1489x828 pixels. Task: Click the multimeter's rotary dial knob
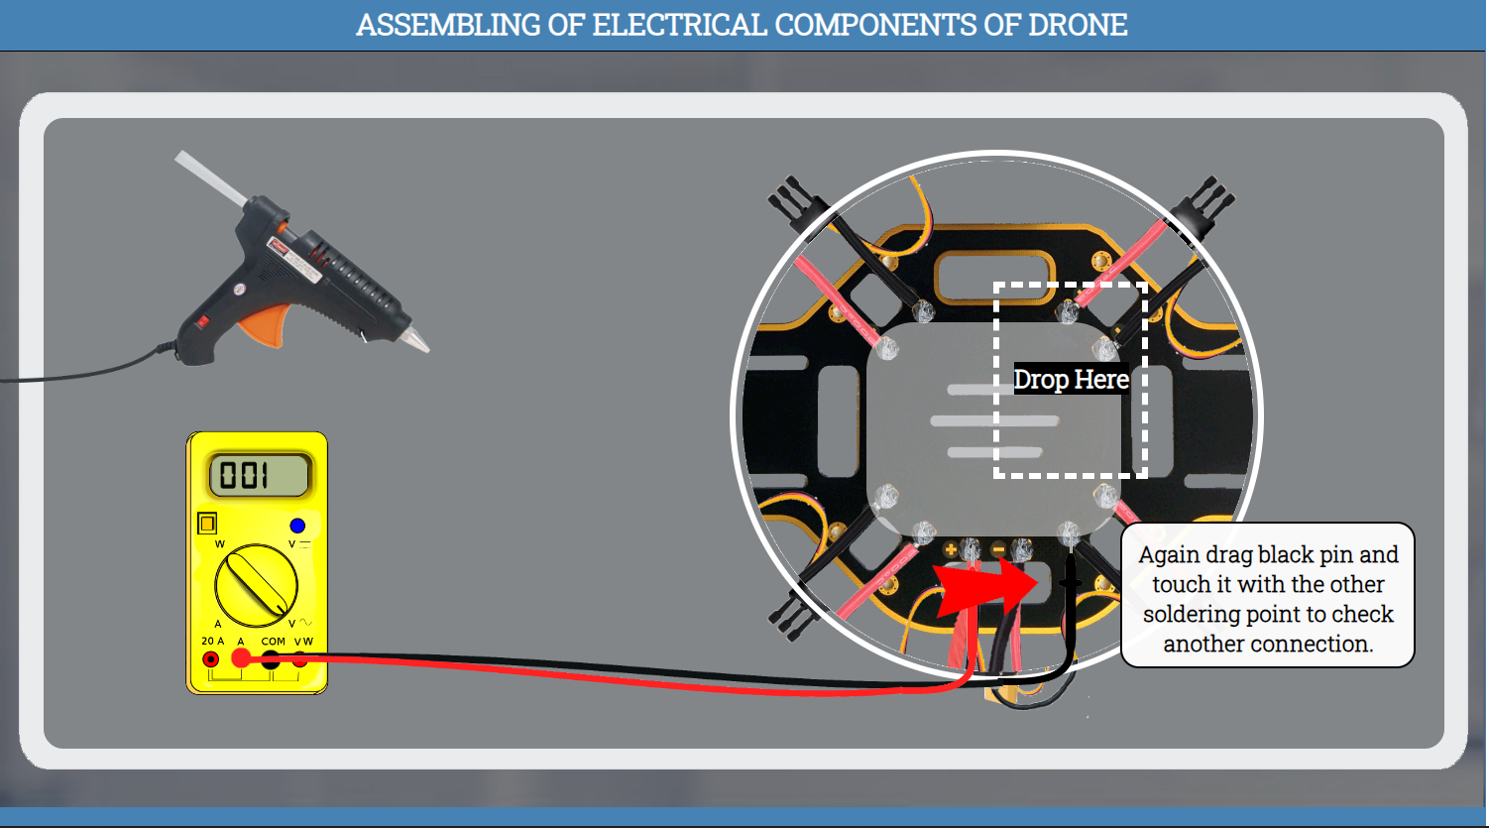tap(257, 584)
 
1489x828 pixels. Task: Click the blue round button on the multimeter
tap(297, 526)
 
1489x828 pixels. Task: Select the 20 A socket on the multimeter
tap(211, 659)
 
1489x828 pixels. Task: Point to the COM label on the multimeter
tap(273, 642)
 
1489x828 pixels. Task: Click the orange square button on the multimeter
tap(207, 523)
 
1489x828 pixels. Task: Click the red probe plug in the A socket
tap(241, 657)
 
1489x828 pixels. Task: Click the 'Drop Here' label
tap(1071, 380)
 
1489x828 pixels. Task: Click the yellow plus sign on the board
tap(950, 548)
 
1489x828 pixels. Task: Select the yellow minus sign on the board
tap(998, 549)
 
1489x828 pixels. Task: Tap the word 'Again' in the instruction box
tap(1169, 555)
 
